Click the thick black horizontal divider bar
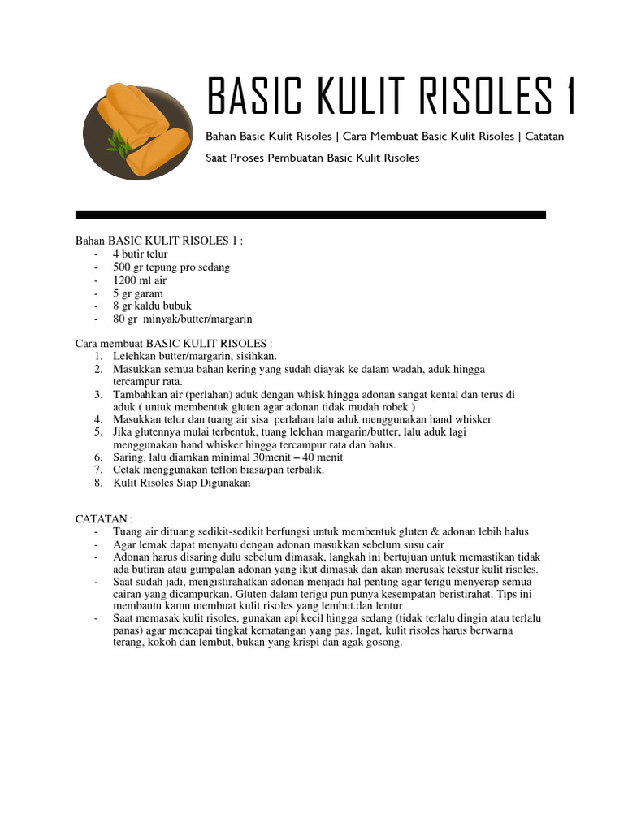point(310,215)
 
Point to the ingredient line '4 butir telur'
point(141,254)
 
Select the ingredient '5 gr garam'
point(138,293)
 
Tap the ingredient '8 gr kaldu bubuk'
point(151,306)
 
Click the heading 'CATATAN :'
point(103,518)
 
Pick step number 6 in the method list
point(97,457)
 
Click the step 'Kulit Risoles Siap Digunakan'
point(182,483)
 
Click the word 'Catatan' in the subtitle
point(544,136)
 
